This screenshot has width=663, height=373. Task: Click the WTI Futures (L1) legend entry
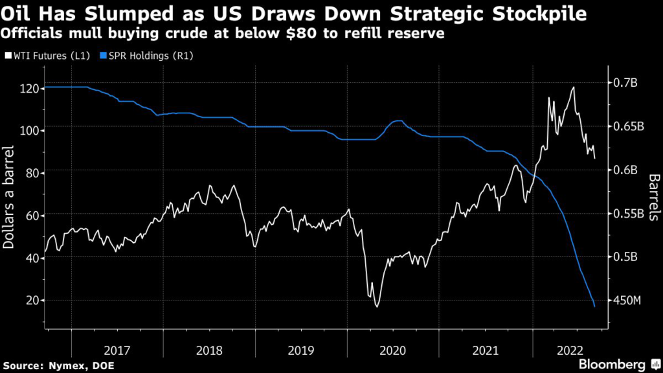(x=47, y=56)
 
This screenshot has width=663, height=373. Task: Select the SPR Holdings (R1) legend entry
(x=147, y=56)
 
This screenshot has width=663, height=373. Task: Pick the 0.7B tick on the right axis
(x=625, y=83)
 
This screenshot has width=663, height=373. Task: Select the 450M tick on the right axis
(x=627, y=300)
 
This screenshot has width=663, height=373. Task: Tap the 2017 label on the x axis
(x=117, y=350)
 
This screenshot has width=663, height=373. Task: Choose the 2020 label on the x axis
(x=393, y=350)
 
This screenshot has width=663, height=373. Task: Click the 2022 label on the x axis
(x=570, y=350)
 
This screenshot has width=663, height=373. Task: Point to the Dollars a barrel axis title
(x=8, y=197)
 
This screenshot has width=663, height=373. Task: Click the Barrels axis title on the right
(x=654, y=197)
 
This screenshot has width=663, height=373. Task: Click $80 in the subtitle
(x=302, y=34)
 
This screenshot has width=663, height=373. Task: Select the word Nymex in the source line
(x=67, y=366)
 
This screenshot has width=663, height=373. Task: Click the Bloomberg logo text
(x=612, y=364)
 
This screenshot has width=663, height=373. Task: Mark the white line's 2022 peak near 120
(x=574, y=87)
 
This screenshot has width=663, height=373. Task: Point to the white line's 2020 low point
(x=377, y=306)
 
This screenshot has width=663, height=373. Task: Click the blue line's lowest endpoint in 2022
(x=594, y=306)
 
